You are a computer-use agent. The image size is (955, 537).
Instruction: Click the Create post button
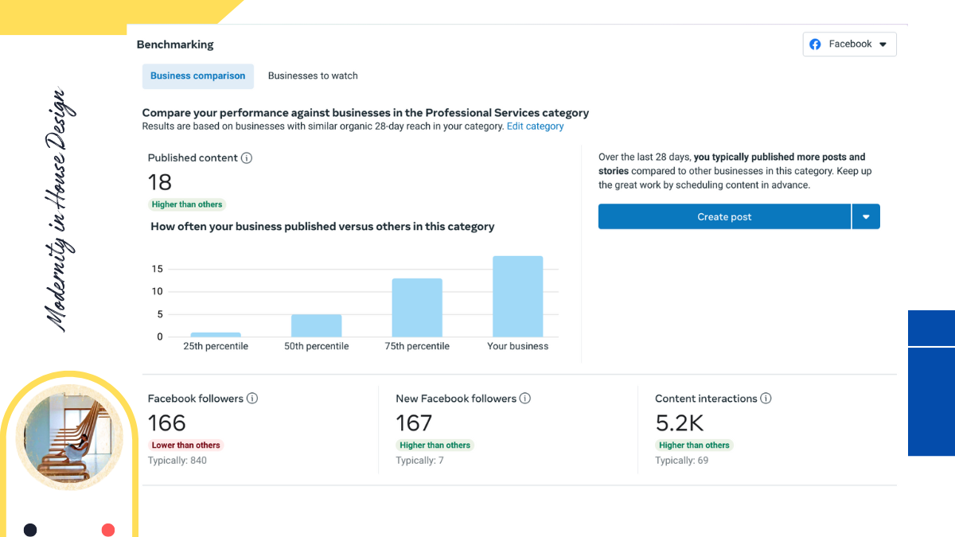click(x=724, y=216)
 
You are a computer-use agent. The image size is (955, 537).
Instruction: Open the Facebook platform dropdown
click(x=849, y=45)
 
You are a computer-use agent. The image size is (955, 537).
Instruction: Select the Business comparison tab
click(x=198, y=76)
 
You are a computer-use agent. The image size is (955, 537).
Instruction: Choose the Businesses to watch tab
click(x=313, y=76)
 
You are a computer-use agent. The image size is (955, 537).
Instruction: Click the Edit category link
click(x=535, y=126)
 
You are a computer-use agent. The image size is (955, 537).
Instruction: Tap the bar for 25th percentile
click(x=216, y=334)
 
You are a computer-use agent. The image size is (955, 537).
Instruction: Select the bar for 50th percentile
click(x=316, y=325)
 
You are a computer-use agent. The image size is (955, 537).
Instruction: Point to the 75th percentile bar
click(x=417, y=307)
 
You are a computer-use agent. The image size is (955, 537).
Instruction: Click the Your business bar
click(x=517, y=296)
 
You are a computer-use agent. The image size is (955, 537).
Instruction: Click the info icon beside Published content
click(x=247, y=158)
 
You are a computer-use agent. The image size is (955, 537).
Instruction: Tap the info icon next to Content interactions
click(x=766, y=399)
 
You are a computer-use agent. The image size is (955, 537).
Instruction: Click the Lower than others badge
click(x=186, y=446)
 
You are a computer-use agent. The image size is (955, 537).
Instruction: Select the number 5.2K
click(x=680, y=422)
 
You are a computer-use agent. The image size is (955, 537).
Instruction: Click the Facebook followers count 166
click(x=167, y=422)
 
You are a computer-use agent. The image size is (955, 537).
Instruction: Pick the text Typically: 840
click(x=177, y=461)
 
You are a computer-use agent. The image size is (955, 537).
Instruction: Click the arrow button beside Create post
click(x=866, y=216)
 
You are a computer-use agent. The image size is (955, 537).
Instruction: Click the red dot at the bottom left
click(x=108, y=530)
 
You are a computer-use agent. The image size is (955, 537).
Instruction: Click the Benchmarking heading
click(x=175, y=45)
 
